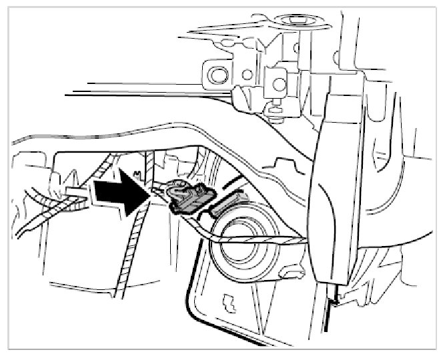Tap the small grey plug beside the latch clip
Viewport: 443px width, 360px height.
tap(230, 201)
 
